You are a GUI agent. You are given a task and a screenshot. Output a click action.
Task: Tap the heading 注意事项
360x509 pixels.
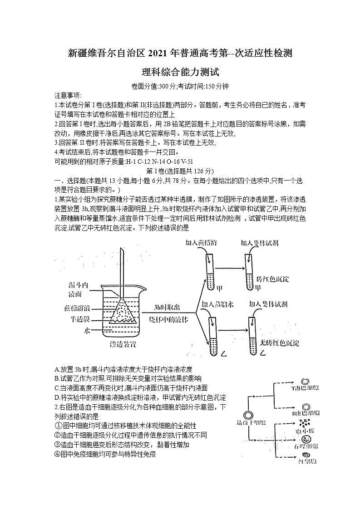point(68,95)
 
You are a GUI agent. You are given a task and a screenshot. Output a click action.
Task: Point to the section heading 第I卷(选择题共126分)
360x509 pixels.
point(180,171)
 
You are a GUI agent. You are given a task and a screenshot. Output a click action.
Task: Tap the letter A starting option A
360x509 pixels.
point(56,369)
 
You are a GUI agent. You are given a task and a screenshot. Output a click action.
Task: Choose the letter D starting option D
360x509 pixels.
point(56,397)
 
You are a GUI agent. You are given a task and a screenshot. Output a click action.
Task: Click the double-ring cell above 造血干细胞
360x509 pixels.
point(248,415)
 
